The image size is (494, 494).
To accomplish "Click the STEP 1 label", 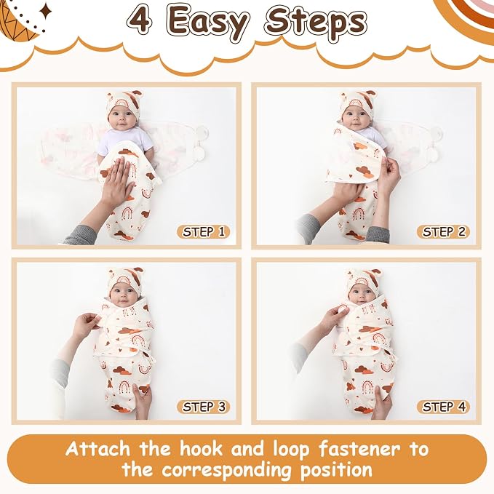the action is [x=203, y=232].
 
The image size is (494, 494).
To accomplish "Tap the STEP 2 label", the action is [x=443, y=232].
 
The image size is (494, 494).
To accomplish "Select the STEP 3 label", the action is [x=203, y=407].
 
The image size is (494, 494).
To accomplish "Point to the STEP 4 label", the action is [x=443, y=407].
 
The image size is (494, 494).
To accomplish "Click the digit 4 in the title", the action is [x=141, y=20].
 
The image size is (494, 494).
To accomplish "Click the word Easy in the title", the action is [x=207, y=23].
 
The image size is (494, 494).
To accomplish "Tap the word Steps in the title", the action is [x=316, y=23].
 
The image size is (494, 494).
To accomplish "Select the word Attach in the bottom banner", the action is [x=97, y=449].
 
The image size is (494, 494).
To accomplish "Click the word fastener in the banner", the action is [x=359, y=449].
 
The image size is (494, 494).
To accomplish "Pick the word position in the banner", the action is [x=336, y=471].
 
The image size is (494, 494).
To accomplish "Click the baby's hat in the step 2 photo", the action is [x=357, y=101].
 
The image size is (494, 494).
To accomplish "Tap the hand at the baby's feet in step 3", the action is [x=143, y=401].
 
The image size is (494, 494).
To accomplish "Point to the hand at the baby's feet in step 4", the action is [x=381, y=402].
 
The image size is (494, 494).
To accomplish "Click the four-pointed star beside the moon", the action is [x=46, y=12].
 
